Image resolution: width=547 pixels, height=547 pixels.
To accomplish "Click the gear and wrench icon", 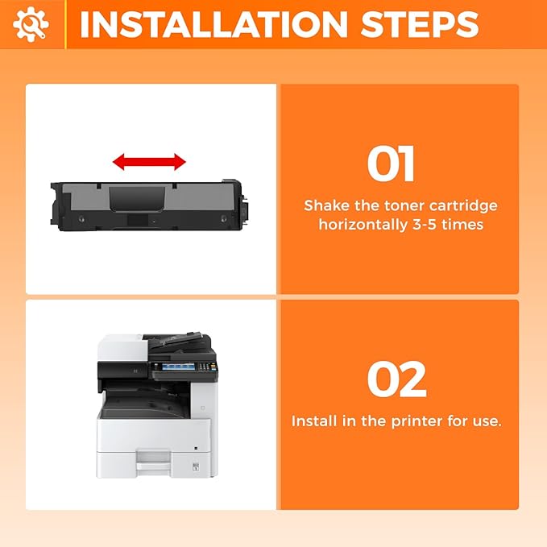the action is tap(31, 24).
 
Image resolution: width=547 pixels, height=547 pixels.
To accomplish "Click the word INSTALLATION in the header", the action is tap(213, 25).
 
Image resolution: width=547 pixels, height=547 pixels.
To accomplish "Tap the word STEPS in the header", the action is tap(420, 25).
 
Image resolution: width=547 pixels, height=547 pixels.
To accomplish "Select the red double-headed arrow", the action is tap(149, 162).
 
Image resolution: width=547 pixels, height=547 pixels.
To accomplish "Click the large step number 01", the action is tap(391, 164).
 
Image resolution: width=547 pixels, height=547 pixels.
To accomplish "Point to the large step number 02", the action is tap(397, 379).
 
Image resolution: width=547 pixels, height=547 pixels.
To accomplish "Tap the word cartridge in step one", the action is tap(463, 206).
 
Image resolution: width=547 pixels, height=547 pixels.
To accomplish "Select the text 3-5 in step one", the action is tap(425, 225).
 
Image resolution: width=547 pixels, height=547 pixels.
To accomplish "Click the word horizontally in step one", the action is tap(363, 225).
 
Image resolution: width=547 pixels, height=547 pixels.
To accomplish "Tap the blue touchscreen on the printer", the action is tap(178, 367).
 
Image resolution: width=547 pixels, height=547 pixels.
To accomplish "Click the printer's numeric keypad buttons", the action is tap(207, 367).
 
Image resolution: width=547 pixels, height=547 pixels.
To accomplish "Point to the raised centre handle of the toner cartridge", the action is tap(137, 198).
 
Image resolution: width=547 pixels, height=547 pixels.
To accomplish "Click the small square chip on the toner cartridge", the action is tap(137, 220).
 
